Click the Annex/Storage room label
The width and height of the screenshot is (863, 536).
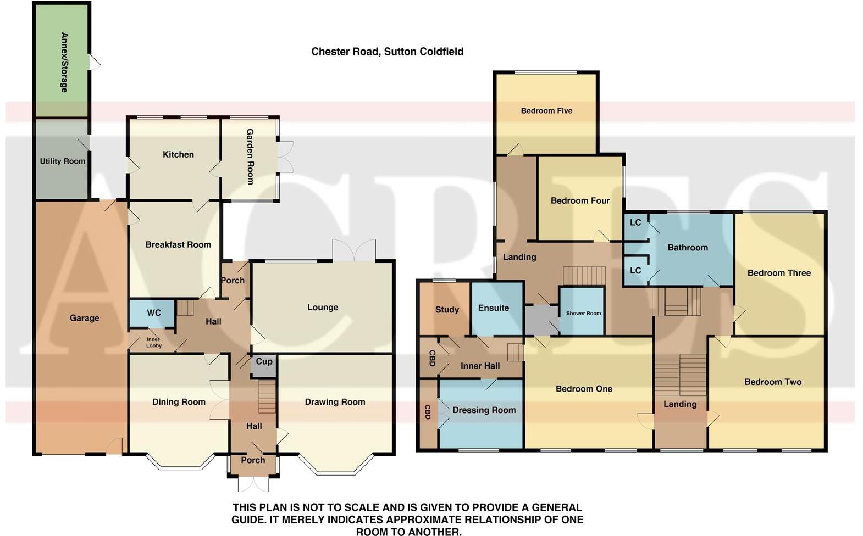tap(64, 62)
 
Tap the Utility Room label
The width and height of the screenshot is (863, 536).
tap(62, 161)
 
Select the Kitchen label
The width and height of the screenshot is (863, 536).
tap(178, 154)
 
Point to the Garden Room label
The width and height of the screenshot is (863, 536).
tap(250, 157)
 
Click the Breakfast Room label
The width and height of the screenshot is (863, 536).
tap(178, 244)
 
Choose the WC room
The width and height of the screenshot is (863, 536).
tap(153, 312)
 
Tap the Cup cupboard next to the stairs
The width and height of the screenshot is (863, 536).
tap(264, 361)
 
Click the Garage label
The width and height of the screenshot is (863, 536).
tap(84, 317)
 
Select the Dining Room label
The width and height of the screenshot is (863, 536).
tap(179, 401)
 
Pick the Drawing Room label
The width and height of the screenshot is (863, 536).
tap(335, 401)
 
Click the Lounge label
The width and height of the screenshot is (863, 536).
tap(323, 307)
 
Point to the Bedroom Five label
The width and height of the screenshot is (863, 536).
tap(546, 110)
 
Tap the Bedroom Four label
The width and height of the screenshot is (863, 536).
tap(580, 200)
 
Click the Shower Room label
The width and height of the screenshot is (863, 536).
tap(583, 313)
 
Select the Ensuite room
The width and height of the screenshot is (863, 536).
tap(493, 308)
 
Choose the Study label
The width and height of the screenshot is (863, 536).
tap(447, 309)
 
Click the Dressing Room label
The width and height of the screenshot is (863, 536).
tap(484, 410)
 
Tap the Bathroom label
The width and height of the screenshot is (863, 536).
tap(687, 247)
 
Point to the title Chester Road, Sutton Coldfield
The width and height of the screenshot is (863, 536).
tap(387, 51)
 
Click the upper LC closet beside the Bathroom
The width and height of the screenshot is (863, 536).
tap(635, 222)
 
